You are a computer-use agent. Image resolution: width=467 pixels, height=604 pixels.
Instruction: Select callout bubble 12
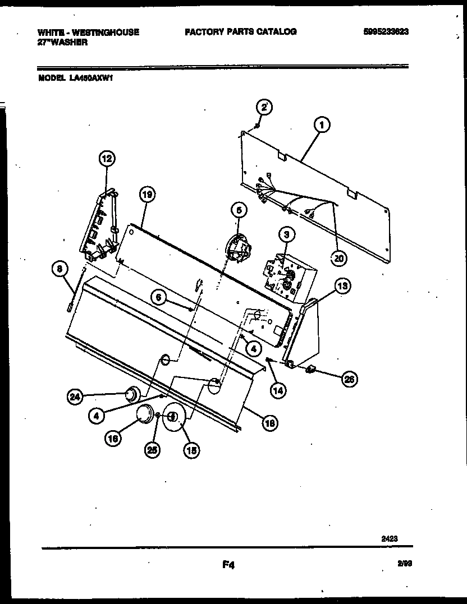pos(106,159)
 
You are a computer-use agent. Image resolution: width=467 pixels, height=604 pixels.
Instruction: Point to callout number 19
pos(147,195)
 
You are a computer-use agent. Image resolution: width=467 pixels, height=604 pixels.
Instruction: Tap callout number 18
pos(270,424)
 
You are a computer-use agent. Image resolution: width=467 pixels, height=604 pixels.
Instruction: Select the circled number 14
pos(277,390)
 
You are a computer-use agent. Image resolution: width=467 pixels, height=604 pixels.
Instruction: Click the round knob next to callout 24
pos(131,395)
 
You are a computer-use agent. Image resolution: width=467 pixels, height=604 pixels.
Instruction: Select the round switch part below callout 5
pos(237,248)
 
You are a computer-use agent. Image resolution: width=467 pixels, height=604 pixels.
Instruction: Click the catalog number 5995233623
pos(386,32)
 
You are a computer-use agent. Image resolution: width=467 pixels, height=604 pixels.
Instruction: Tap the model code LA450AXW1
pos(93,79)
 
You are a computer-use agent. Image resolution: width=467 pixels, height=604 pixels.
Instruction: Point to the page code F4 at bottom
pos(228,566)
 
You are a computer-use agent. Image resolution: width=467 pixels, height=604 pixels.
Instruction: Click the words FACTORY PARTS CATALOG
pos(240,32)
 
